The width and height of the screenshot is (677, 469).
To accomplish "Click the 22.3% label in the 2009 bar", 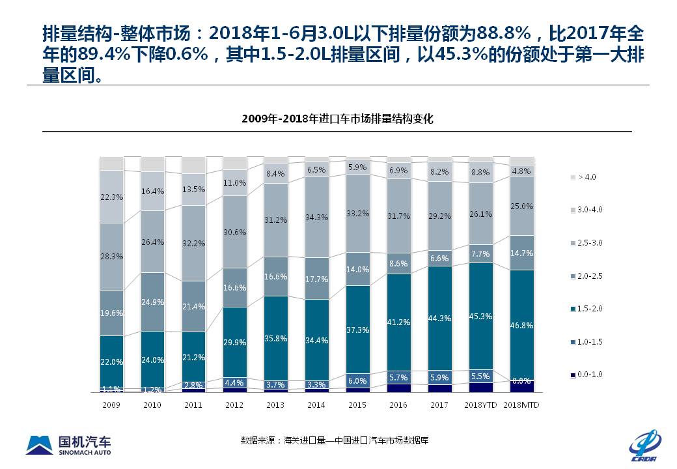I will [x=111, y=197].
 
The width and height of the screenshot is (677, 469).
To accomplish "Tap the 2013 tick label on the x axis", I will [x=275, y=405].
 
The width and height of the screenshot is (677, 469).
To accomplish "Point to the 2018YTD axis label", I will [x=481, y=405].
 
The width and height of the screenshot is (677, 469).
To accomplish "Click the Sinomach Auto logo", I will [x=68, y=444].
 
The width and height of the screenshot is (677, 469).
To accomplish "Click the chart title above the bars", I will [x=337, y=119].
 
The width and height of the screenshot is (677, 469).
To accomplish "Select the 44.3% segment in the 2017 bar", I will [x=440, y=318].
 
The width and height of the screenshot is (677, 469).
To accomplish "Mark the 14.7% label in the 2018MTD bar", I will [x=522, y=253].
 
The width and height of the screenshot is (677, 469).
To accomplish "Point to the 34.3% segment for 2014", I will [x=316, y=217].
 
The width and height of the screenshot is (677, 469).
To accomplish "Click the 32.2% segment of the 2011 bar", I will [x=193, y=243].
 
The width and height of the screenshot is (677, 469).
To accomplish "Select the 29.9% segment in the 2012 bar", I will [x=234, y=342].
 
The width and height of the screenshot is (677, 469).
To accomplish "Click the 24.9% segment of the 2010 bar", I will [x=152, y=302].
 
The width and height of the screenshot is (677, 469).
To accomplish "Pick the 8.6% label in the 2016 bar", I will [x=399, y=263].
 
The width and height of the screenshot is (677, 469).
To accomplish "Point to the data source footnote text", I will [x=334, y=441].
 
